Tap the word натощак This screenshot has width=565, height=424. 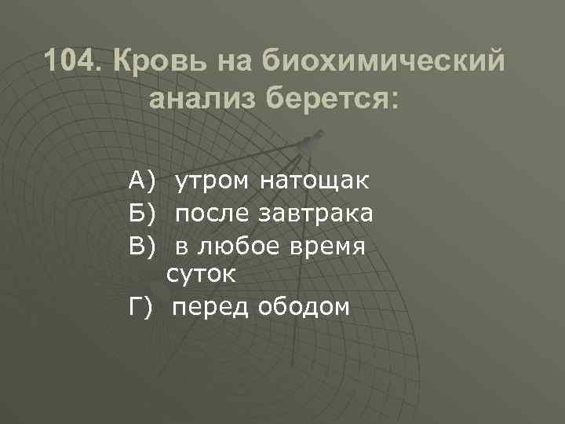314,183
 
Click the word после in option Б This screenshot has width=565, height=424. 210,214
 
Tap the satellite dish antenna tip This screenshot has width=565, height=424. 308,144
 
